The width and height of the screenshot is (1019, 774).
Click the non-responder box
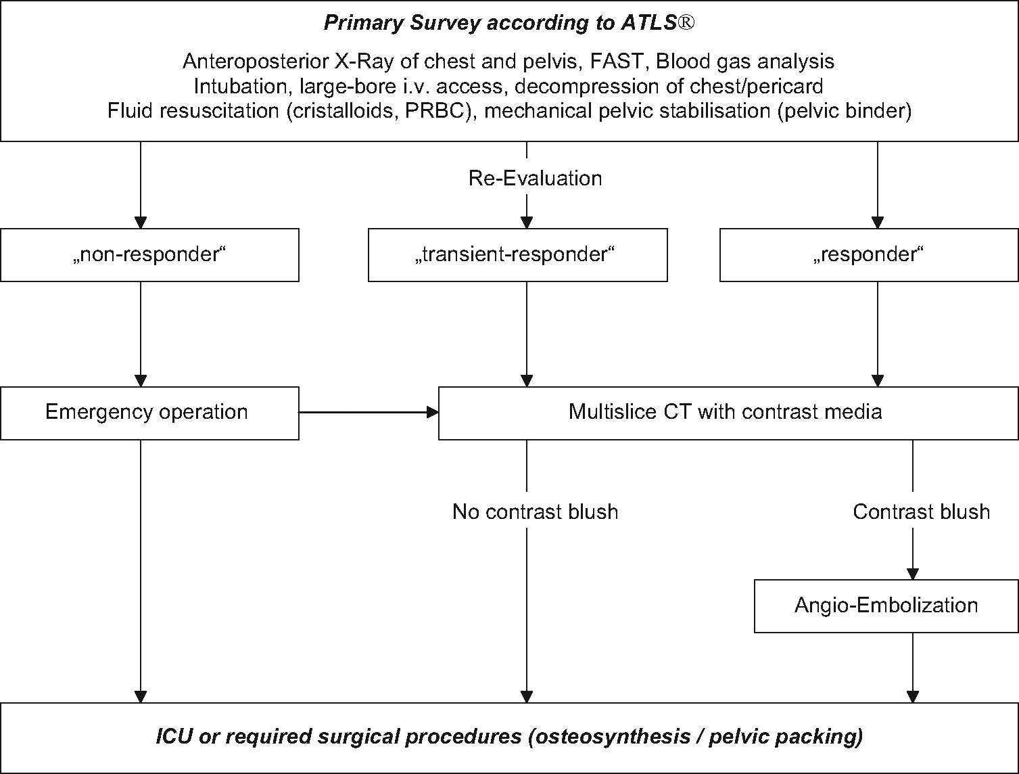(149, 255)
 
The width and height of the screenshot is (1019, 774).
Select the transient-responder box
(518, 255)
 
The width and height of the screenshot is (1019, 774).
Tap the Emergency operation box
(149, 413)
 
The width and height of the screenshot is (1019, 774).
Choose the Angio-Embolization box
(886, 606)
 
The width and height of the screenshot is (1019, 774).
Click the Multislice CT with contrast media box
(728, 413)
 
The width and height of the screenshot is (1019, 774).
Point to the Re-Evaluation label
(535, 179)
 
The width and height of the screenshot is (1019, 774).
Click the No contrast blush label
(536, 511)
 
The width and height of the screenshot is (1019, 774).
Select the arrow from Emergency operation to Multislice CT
(369, 412)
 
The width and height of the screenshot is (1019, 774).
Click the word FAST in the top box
(617, 62)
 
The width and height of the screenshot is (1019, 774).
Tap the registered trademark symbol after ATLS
(686, 22)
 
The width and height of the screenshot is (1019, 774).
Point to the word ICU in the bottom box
(174, 737)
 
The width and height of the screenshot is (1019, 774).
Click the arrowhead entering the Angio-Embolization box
(913, 574)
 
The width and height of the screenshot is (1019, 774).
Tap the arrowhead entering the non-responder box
(141, 223)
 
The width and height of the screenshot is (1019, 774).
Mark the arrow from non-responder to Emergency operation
(141, 334)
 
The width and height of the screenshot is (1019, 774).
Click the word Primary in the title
(364, 23)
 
